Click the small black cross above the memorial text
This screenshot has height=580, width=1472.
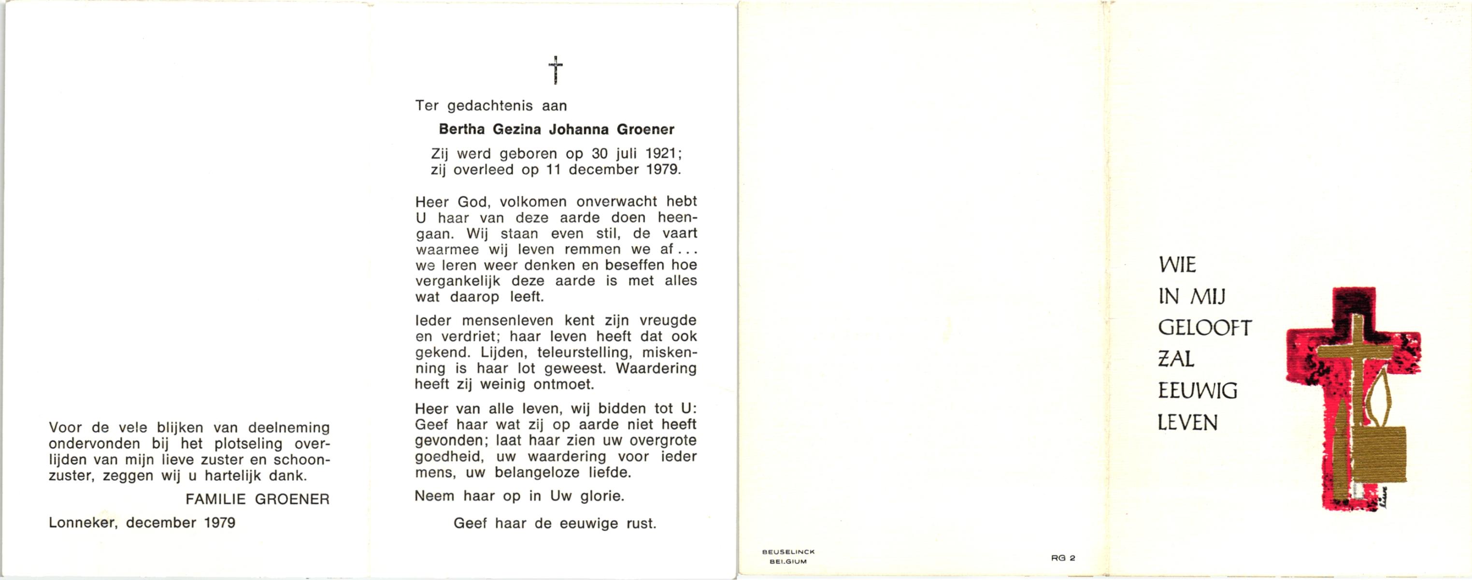(x=556, y=70)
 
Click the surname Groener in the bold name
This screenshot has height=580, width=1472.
(x=645, y=130)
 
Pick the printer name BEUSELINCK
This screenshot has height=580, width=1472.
(x=788, y=552)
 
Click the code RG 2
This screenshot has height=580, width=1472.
(x=1063, y=558)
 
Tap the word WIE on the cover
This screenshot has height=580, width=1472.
(x=1177, y=265)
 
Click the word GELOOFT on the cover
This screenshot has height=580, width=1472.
(x=1204, y=328)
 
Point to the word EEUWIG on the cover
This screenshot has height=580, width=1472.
(x=1197, y=391)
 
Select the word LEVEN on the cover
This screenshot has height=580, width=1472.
(x=1187, y=423)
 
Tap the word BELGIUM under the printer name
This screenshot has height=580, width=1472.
(x=788, y=562)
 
